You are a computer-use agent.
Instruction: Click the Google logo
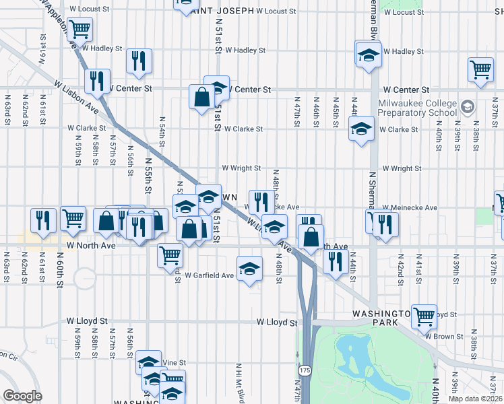click(23, 396)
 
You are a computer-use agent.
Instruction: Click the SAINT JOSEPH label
click(222, 11)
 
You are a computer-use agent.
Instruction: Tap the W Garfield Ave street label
click(210, 275)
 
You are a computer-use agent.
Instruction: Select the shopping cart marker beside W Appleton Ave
click(80, 29)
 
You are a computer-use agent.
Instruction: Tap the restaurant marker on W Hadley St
click(139, 61)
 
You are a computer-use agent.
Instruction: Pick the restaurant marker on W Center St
click(98, 81)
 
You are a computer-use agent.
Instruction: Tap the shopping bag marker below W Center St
click(202, 97)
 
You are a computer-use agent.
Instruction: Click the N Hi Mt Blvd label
click(239, 383)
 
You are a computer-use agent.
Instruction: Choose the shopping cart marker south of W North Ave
click(170, 255)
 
